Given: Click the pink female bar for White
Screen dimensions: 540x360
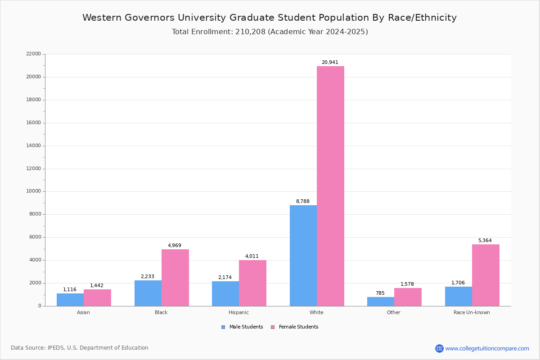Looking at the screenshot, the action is click(x=330, y=186).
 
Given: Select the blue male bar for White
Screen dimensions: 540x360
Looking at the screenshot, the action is click(x=303, y=256).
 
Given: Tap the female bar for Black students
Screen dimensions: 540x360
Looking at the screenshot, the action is click(x=175, y=278).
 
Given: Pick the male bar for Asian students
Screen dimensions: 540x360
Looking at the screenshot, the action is click(x=70, y=300).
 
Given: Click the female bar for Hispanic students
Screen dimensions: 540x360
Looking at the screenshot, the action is click(x=252, y=283).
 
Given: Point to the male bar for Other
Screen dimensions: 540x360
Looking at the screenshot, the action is click(x=381, y=301).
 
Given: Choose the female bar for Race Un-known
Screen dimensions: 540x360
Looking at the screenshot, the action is click(x=486, y=275).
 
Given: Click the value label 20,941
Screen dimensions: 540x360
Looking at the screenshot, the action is click(x=330, y=62).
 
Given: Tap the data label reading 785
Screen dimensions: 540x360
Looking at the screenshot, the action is click(x=380, y=293).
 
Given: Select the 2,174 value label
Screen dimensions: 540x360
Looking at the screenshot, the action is click(x=225, y=277).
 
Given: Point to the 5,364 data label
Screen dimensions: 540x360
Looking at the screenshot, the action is click(x=485, y=240).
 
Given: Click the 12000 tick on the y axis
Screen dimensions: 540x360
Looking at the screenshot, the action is click(x=33, y=168).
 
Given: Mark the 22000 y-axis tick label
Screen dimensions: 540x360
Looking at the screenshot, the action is click(x=33, y=54).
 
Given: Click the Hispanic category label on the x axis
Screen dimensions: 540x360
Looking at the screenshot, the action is click(x=238, y=312).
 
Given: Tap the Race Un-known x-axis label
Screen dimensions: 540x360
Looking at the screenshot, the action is click(x=472, y=312).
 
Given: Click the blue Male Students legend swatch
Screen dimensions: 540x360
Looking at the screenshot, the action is click(x=223, y=327).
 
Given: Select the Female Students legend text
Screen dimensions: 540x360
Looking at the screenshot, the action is click(x=299, y=327).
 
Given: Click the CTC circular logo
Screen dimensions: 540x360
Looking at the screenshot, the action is click(x=439, y=348).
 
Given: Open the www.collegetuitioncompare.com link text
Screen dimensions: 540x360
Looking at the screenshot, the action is click(x=487, y=348).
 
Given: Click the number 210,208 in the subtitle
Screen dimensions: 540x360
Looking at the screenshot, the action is click(x=251, y=31).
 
